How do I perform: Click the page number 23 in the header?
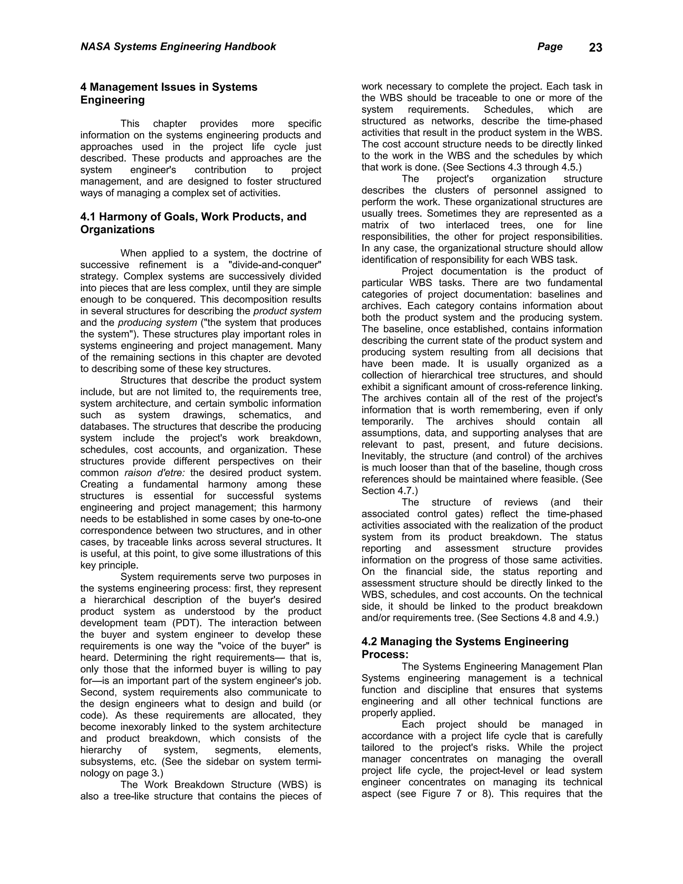coord(595,48)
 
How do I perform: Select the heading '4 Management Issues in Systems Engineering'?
coord(169,93)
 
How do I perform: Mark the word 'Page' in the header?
coord(550,47)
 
